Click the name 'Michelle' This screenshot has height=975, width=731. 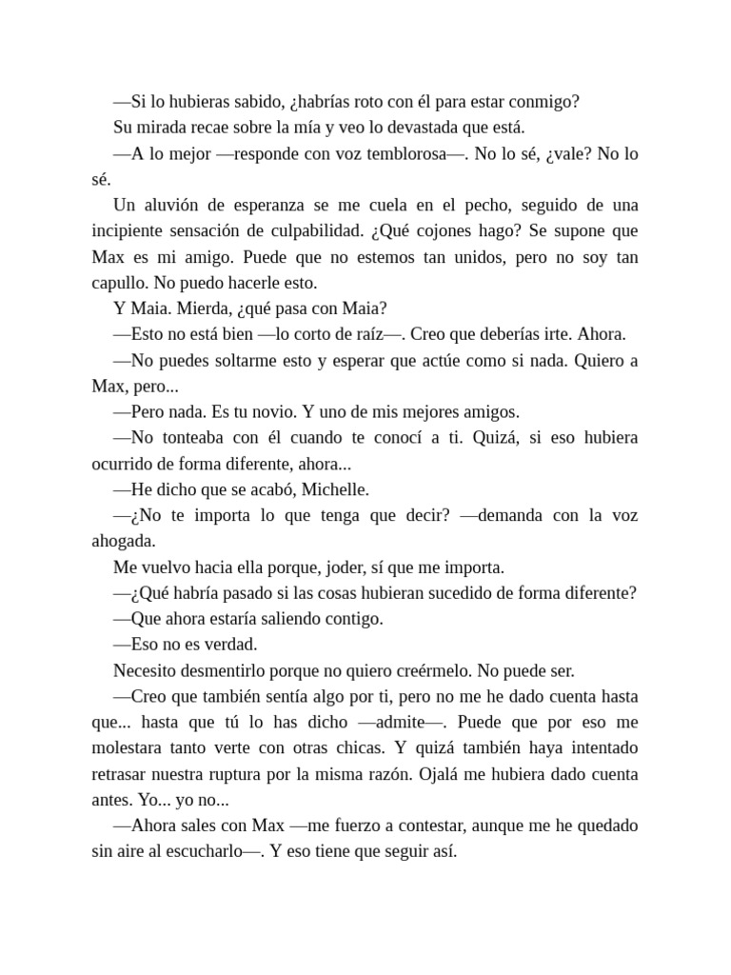(335, 490)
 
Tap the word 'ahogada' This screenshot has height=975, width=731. (123, 542)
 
